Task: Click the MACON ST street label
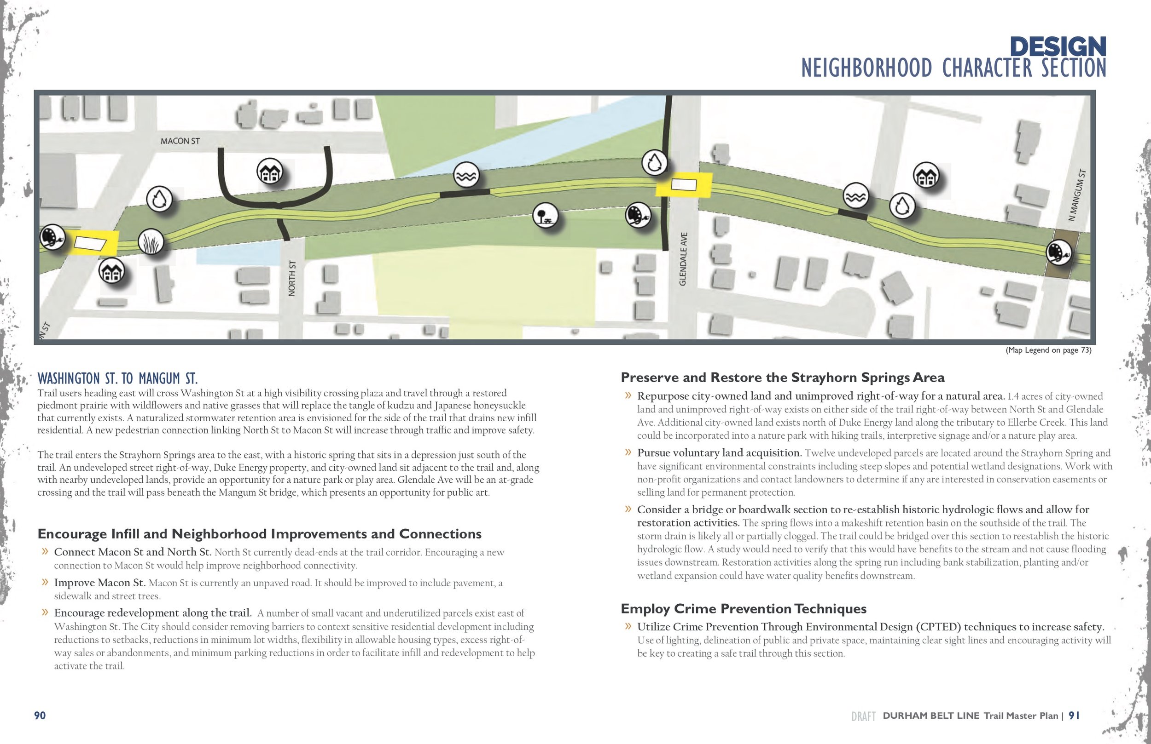click(180, 141)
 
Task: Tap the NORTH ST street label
click(291, 278)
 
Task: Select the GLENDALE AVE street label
click(683, 259)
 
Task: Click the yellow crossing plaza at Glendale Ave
click(683, 185)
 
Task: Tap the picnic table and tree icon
click(545, 216)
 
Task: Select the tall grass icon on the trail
click(151, 242)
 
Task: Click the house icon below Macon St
click(270, 172)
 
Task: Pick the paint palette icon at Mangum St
click(1058, 252)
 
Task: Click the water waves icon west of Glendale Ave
click(466, 175)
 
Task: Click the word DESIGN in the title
click(1058, 47)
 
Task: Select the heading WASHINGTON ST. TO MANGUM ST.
click(117, 378)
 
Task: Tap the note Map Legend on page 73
click(1048, 350)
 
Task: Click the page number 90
click(40, 715)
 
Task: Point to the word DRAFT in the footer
click(863, 716)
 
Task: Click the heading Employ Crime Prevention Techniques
click(743, 609)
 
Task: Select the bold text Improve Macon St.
click(99, 583)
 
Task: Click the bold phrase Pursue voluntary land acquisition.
click(719, 453)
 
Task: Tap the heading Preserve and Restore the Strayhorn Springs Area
click(783, 378)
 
